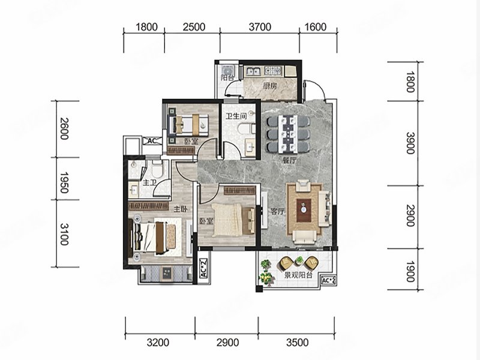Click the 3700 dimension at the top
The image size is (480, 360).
[260, 27]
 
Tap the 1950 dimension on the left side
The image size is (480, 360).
[64, 182]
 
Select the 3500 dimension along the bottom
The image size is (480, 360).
[297, 342]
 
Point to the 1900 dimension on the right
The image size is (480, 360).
[410, 271]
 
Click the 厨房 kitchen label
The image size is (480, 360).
[269, 85]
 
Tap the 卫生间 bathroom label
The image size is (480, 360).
[236, 116]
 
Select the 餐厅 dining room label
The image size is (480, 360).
[289, 160]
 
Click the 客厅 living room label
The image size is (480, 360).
[278, 211]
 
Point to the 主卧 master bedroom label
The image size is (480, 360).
[181, 209]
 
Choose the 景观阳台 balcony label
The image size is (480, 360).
[299, 275]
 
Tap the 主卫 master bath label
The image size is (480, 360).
[149, 183]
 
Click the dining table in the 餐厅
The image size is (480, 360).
[288, 134]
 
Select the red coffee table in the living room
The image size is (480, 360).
[304, 211]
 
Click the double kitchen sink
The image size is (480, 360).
[253, 71]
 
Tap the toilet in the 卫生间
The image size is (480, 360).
[247, 128]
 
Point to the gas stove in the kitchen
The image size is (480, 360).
[273, 71]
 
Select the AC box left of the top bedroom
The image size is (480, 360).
[152, 141]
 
